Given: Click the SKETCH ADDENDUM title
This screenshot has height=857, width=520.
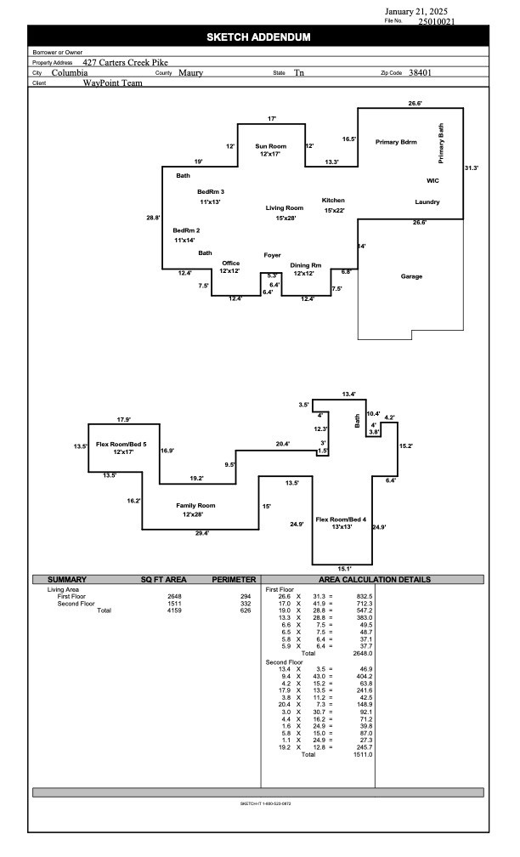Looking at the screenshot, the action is pos(258,37).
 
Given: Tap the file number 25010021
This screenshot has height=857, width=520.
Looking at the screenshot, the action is pos(437,22).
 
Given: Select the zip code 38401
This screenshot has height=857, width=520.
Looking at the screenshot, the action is pos(420,72).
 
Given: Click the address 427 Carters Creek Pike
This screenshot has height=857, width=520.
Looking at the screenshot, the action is pos(125,62).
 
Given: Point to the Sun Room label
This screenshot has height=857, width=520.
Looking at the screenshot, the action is pos(271,146).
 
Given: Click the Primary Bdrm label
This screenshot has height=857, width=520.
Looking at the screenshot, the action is pos(396,141).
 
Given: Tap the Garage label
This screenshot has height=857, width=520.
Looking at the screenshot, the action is pos(411,276).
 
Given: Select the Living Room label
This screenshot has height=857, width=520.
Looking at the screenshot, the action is pos(285,207).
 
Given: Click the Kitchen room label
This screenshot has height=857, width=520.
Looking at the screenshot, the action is pos(333,200).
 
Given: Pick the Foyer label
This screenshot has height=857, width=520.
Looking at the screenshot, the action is pos(273,255).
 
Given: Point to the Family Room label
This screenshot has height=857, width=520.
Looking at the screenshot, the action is pos(195,506).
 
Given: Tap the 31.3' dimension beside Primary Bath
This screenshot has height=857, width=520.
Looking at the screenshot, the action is pos(472,167).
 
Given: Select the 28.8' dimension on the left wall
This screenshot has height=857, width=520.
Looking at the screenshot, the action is pos(153,218).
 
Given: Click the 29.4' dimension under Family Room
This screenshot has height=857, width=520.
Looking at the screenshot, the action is pos(202,533).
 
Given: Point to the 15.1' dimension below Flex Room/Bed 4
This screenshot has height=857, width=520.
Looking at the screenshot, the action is pos(344,569).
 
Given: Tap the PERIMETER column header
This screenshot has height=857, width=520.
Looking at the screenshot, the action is pos(234,579).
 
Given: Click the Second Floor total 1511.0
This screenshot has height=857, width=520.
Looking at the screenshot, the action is pos(363,754).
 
